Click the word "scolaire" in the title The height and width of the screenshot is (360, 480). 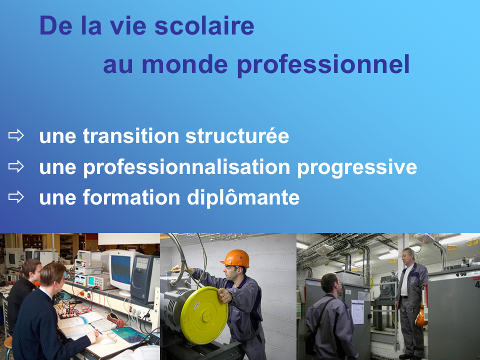point(204,25)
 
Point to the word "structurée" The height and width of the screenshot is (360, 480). point(237,136)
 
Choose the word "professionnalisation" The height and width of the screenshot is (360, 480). point(186,168)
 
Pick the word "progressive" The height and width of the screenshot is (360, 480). point(357,168)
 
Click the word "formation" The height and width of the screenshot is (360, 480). point(131,197)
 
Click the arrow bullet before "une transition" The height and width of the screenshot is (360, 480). point(16,135)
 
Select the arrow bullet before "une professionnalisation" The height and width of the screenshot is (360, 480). point(16,166)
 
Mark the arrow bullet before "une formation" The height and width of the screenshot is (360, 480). point(16,197)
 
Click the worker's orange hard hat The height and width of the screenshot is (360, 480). point(235,258)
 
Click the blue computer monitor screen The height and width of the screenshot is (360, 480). point(121,270)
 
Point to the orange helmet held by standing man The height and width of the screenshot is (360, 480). point(421,317)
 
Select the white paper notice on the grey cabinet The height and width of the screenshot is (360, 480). point(357,312)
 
